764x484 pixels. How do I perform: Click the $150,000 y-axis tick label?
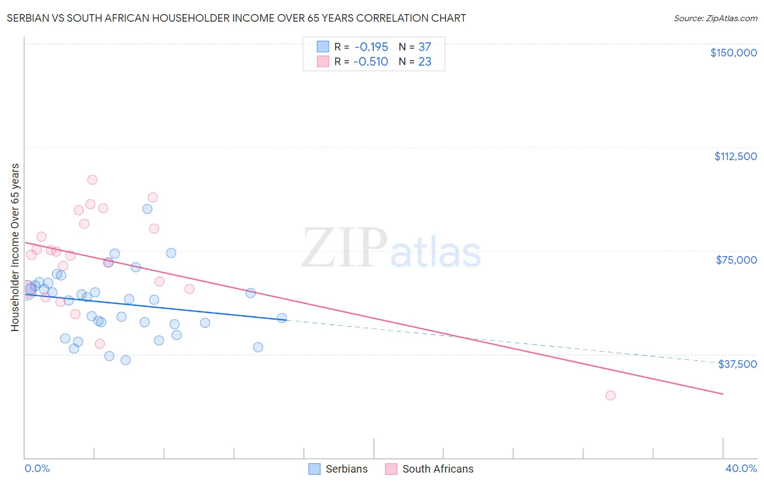[733, 53]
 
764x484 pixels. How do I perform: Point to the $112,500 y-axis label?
[735, 156]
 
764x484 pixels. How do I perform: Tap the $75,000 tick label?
[736, 260]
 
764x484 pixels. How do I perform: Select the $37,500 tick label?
[737, 364]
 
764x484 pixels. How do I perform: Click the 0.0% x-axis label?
[37, 468]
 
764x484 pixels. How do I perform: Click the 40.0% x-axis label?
[741, 468]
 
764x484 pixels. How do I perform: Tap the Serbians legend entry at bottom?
[339, 469]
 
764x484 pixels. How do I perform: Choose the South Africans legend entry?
[429, 469]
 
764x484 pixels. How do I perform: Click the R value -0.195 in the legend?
[371, 47]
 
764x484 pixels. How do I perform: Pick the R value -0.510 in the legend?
[371, 62]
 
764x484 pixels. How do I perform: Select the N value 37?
[424, 47]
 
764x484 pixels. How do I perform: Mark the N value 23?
[424, 62]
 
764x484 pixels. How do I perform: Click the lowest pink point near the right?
[610, 396]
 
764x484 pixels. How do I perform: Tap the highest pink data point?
[92, 180]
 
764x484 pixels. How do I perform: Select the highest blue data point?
[147, 209]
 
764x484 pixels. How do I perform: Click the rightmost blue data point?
[282, 318]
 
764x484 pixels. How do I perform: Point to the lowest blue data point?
[126, 360]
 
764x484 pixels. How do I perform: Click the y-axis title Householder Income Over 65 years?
[15, 247]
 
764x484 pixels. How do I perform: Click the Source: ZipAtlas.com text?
[715, 18]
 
